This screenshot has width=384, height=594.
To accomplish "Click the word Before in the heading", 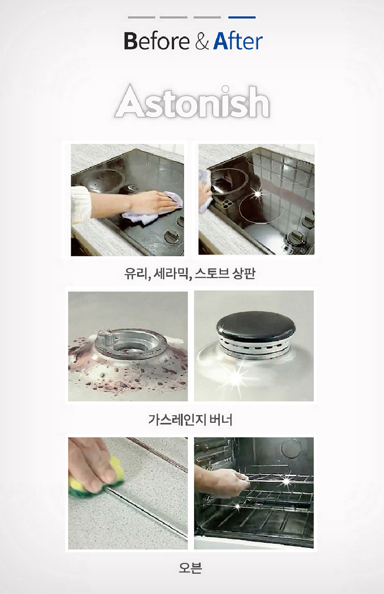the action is pos(157,41).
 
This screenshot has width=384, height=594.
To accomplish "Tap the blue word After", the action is pos(238,41).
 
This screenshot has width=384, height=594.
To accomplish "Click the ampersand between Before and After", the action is pos(202,42).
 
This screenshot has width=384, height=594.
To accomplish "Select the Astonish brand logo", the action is pos(192,101).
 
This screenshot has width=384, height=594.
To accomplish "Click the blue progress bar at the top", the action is pos(242,17).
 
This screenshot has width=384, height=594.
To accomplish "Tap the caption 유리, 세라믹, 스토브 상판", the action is pos(190,273).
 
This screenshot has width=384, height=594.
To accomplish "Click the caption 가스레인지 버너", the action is pos(190,420).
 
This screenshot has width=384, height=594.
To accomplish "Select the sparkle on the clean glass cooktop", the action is pos(258,194).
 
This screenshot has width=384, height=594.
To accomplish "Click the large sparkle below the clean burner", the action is pos(236,376).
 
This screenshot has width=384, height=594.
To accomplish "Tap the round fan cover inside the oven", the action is pos(291,448).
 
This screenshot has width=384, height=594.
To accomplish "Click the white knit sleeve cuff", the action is pos(81,205).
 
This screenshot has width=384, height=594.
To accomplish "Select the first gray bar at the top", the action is pos(142,17).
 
